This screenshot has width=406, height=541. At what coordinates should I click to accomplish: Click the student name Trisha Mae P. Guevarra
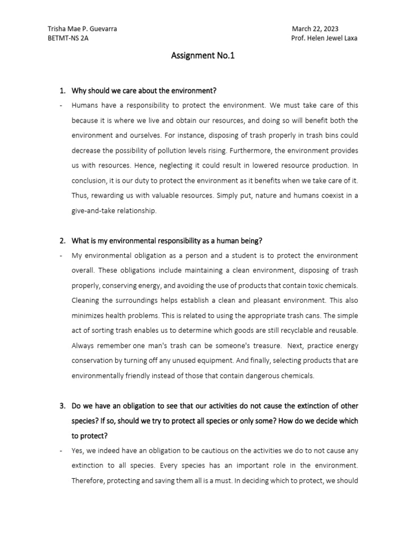(x=82, y=29)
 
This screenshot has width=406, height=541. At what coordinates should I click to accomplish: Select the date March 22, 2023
(x=315, y=29)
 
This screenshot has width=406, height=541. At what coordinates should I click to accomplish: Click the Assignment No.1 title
(x=202, y=56)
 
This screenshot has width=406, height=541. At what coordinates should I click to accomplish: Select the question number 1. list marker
(x=62, y=90)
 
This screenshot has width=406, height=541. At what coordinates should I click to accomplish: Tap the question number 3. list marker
(x=62, y=406)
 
